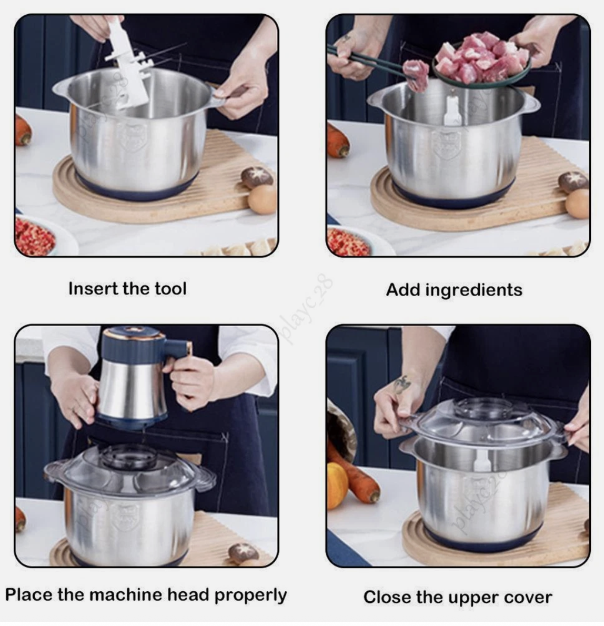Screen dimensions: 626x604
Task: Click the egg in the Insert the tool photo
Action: pos(262,199)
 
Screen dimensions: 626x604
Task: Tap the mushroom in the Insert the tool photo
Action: pos(257,177)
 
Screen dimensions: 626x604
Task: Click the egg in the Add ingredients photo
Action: pos(578,204)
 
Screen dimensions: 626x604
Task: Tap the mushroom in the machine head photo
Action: pos(243,552)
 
